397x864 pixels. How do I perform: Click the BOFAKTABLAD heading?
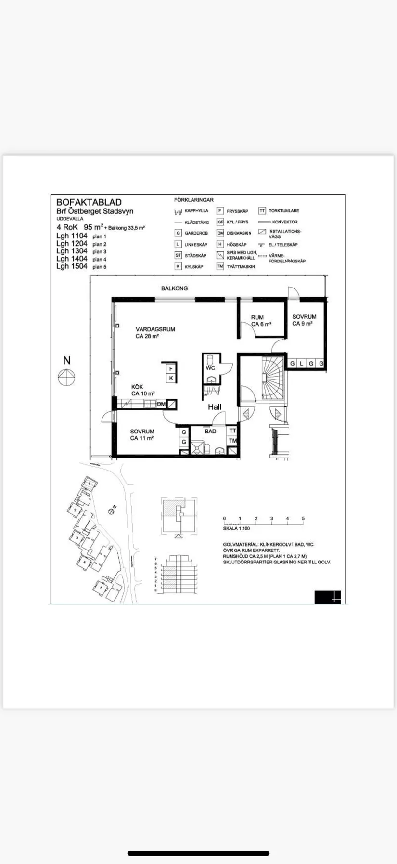click(89, 202)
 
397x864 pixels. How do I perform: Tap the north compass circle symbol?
click(66, 377)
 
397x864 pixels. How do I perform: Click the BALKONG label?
click(174, 288)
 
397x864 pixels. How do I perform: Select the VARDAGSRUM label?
click(155, 329)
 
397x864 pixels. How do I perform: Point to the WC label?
click(210, 368)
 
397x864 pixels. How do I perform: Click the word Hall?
click(215, 407)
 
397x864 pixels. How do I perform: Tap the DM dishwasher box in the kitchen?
click(161, 404)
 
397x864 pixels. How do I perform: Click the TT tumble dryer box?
click(232, 431)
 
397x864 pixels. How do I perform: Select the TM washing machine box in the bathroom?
click(232, 441)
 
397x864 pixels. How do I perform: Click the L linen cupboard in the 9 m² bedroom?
click(302, 364)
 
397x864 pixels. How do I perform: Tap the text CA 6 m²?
click(261, 324)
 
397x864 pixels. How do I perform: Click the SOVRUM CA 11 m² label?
click(142, 435)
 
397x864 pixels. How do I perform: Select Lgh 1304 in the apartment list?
click(72, 251)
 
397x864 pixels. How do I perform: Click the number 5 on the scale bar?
click(303, 519)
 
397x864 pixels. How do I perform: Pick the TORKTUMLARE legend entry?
click(283, 211)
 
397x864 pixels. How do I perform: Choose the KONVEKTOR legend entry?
click(284, 222)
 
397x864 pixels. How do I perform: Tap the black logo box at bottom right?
click(327, 597)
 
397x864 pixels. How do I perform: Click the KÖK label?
click(137, 387)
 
